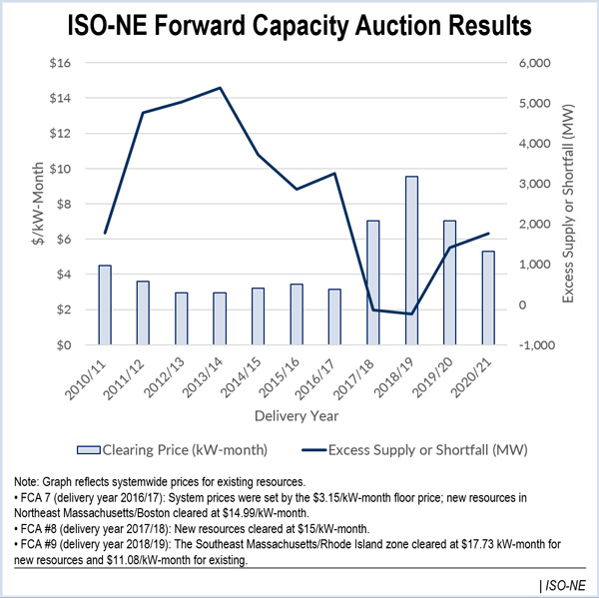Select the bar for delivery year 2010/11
(105, 304)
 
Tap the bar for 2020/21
(488, 298)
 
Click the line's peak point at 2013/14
(220, 88)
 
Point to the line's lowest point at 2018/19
(411, 313)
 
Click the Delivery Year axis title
(297, 413)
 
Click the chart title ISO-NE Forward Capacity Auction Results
(299, 26)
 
